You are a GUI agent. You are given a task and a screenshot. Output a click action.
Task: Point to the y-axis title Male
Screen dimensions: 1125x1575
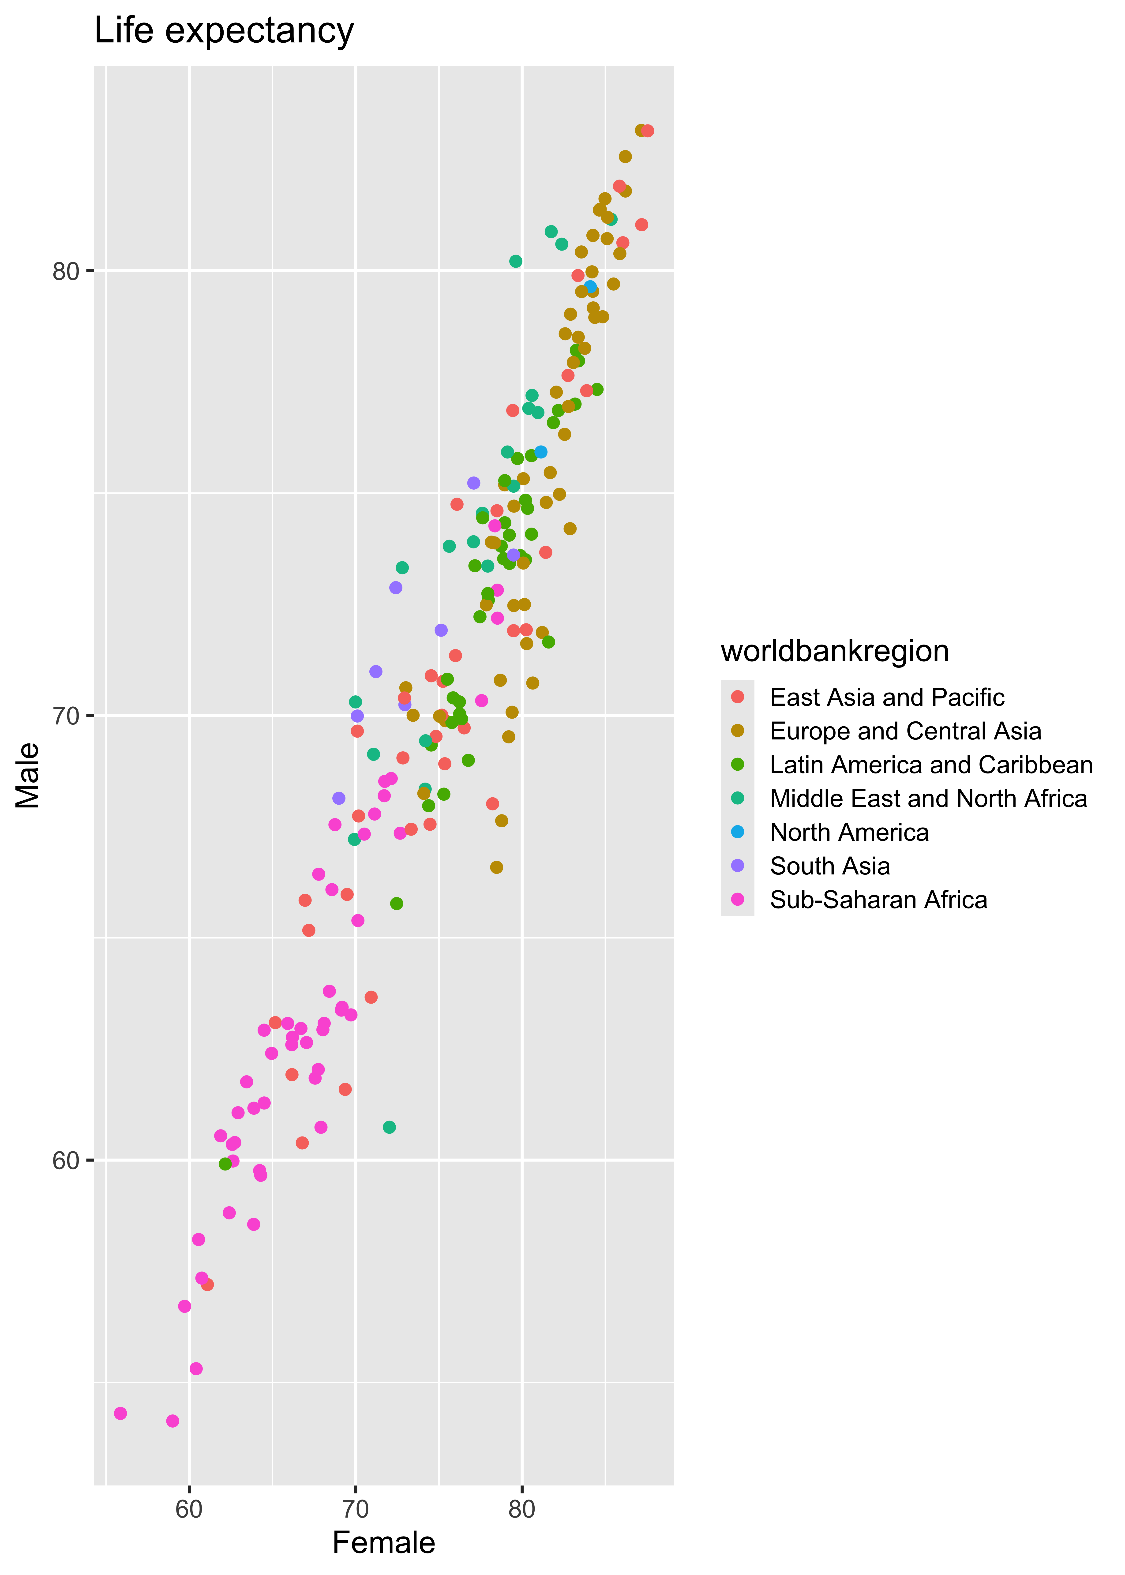[28, 776]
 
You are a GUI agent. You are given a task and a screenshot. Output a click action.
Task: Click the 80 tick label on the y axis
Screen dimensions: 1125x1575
[67, 271]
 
